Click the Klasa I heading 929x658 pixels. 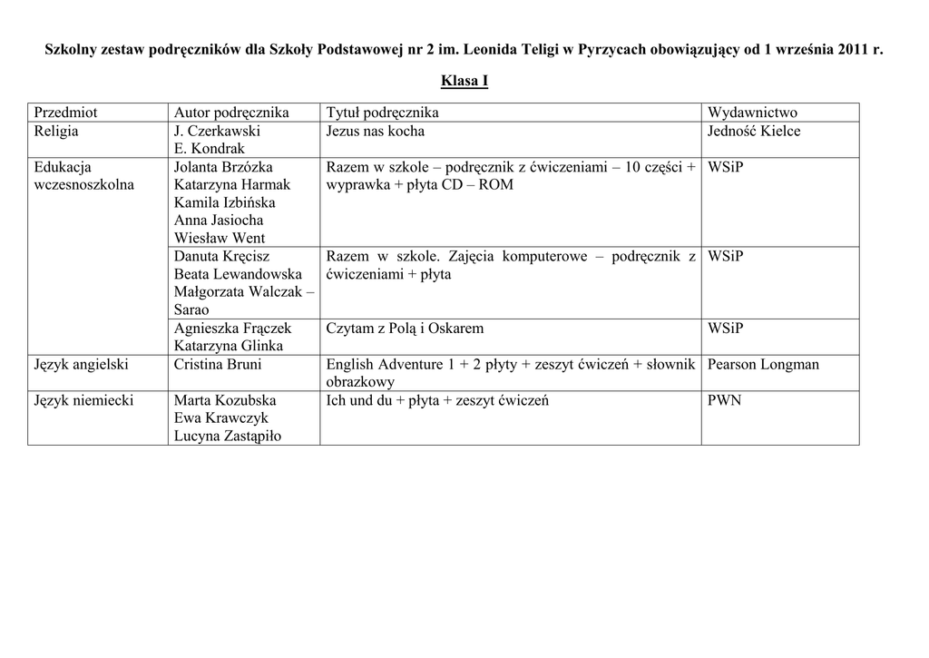click(464, 82)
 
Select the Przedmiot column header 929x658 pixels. click(65, 113)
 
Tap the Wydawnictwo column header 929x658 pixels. click(752, 113)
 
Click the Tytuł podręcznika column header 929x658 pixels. click(382, 113)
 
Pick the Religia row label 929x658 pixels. click(56, 131)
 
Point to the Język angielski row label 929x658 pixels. click(81, 364)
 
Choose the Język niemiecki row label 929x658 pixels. click(83, 400)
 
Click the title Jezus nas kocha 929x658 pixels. click(375, 131)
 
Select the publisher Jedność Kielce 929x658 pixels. click(754, 131)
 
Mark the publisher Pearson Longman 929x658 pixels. click(763, 364)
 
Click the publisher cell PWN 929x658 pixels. click(724, 400)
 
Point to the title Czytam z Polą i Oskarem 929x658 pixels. click(405, 328)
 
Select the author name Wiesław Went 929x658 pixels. click(220, 239)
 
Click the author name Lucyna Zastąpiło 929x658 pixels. click(228, 436)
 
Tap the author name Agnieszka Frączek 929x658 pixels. click(232, 328)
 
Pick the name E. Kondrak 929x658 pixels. click(210, 149)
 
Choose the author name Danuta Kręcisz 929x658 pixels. click(222, 257)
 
